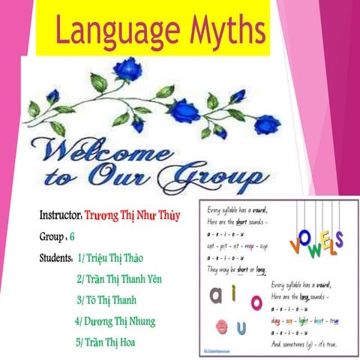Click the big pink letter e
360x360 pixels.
[222, 328]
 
